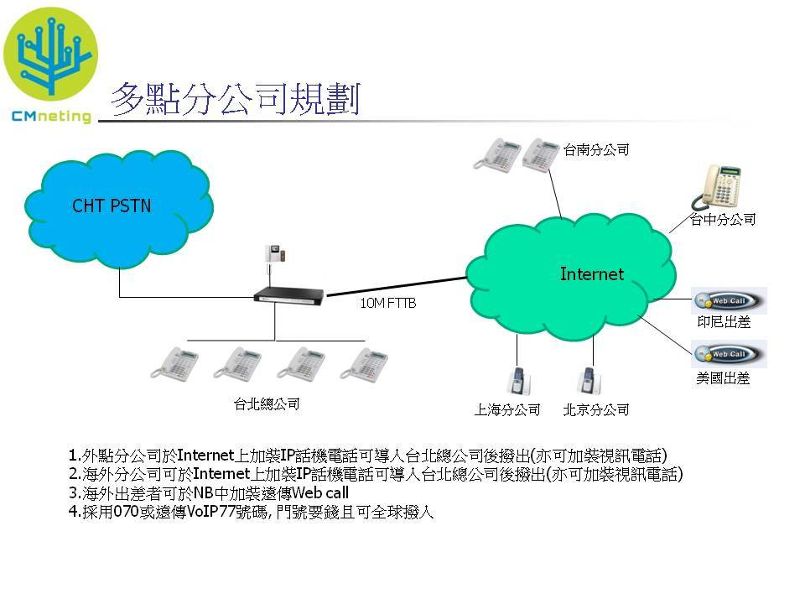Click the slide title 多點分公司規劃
(x=236, y=100)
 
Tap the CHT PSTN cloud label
(x=112, y=206)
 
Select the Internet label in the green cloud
(x=591, y=274)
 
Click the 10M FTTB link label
(x=387, y=304)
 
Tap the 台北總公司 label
(x=266, y=404)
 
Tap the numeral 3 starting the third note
(x=74, y=492)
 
